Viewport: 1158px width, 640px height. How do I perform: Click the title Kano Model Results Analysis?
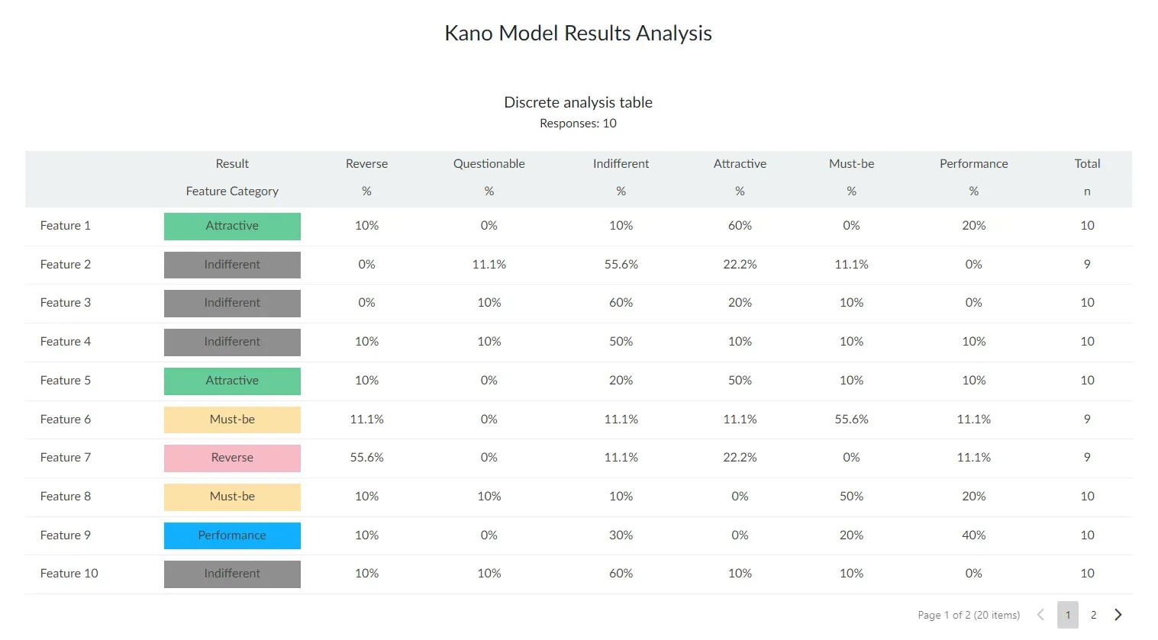(x=578, y=33)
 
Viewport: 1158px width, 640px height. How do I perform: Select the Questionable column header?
(x=489, y=164)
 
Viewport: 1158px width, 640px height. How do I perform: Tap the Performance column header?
(x=973, y=164)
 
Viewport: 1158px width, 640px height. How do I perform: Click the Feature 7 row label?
(x=65, y=457)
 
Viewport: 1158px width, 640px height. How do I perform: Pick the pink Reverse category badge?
(x=232, y=458)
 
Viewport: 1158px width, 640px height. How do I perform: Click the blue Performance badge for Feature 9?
(x=232, y=535)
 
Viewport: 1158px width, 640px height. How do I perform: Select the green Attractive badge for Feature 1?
(x=232, y=227)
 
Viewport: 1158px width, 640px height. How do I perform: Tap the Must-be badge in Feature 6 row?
(x=232, y=420)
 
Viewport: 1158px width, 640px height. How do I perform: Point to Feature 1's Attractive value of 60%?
(x=740, y=225)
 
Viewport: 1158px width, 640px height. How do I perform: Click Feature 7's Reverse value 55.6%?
(x=366, y=457)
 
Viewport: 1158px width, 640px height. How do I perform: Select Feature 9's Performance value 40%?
(x=973, y=535)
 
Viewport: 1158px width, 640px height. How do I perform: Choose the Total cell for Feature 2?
(x=1087, y=264)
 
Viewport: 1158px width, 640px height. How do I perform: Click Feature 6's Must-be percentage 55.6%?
(x=851, y=419)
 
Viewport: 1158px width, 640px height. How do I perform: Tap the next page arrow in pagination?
(x=1118, y=615)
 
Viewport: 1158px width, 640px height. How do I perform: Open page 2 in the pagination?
(x=1093, y=615)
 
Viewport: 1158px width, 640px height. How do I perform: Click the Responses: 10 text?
(x=578, y=123)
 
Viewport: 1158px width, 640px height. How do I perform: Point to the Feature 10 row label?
(x=69, y=574)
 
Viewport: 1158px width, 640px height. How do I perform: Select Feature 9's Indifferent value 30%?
(x=621, y=535)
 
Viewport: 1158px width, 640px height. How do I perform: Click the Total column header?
(x=1087, y=164)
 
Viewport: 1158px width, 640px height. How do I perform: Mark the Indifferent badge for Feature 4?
(x=232, y=342)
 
